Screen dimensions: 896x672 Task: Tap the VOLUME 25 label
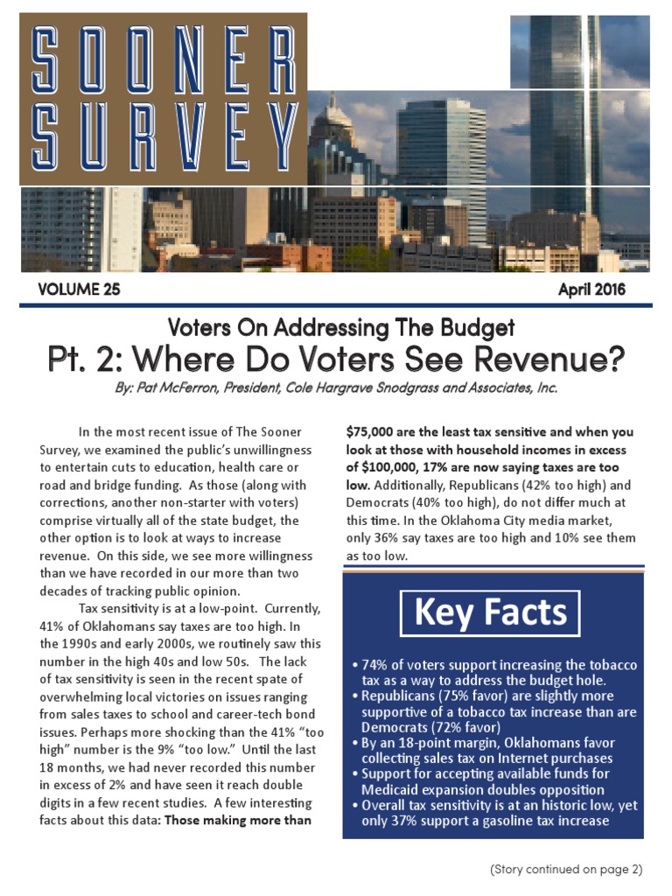coord(79,289)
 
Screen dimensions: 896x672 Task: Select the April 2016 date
coord(592,289)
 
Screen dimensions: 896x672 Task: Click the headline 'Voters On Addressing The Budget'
coord(340,328)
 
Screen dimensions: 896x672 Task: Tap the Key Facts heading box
coord(490,612)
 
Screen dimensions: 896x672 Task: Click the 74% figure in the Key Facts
coord(377,665)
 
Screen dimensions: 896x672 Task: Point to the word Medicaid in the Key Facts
coord(391,790)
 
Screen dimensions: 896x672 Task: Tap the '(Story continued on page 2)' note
coord(566,869)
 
